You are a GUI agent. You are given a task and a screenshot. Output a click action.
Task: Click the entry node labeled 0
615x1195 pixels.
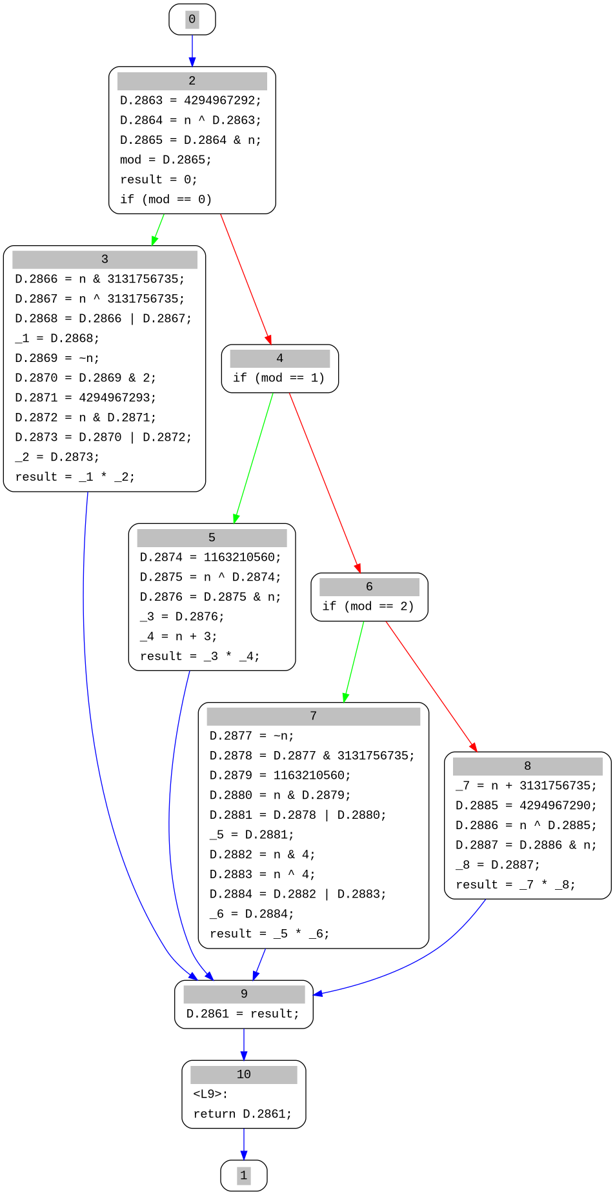click(192, 19)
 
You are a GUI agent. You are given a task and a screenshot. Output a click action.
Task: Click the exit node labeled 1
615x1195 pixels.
click(243, 1175)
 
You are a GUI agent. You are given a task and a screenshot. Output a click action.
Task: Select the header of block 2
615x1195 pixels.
click(192, 81)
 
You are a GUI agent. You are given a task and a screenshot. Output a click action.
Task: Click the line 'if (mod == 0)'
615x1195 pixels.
click(166, 199)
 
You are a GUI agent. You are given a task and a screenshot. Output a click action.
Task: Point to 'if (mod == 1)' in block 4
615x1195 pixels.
click(279, 377)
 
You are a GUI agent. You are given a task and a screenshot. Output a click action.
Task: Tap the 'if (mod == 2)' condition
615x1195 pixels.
click(368, 606)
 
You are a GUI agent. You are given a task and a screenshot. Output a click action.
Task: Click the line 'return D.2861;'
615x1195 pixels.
click(242, 1114)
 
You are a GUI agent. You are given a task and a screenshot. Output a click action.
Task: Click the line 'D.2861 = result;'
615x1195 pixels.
click(243, 1014)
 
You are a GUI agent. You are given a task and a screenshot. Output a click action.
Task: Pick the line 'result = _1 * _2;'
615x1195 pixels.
click(75, 477)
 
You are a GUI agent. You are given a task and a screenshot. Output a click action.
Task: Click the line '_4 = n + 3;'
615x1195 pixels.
click(178, 636)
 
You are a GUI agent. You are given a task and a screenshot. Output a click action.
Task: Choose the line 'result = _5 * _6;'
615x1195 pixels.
click(269, 934)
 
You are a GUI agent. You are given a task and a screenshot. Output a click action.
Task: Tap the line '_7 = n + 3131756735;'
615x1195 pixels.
click(526, 785)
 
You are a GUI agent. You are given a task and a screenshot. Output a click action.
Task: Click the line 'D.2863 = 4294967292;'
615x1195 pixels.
click(190, 101)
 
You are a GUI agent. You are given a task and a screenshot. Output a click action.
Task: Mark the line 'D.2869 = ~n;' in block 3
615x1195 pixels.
click(57, 358)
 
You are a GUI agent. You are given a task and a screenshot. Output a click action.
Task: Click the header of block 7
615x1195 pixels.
click(313, 716)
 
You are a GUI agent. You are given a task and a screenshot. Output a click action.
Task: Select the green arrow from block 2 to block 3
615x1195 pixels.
click(157, 230)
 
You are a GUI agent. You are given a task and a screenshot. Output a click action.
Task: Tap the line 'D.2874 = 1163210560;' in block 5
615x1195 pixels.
click(210, 557)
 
